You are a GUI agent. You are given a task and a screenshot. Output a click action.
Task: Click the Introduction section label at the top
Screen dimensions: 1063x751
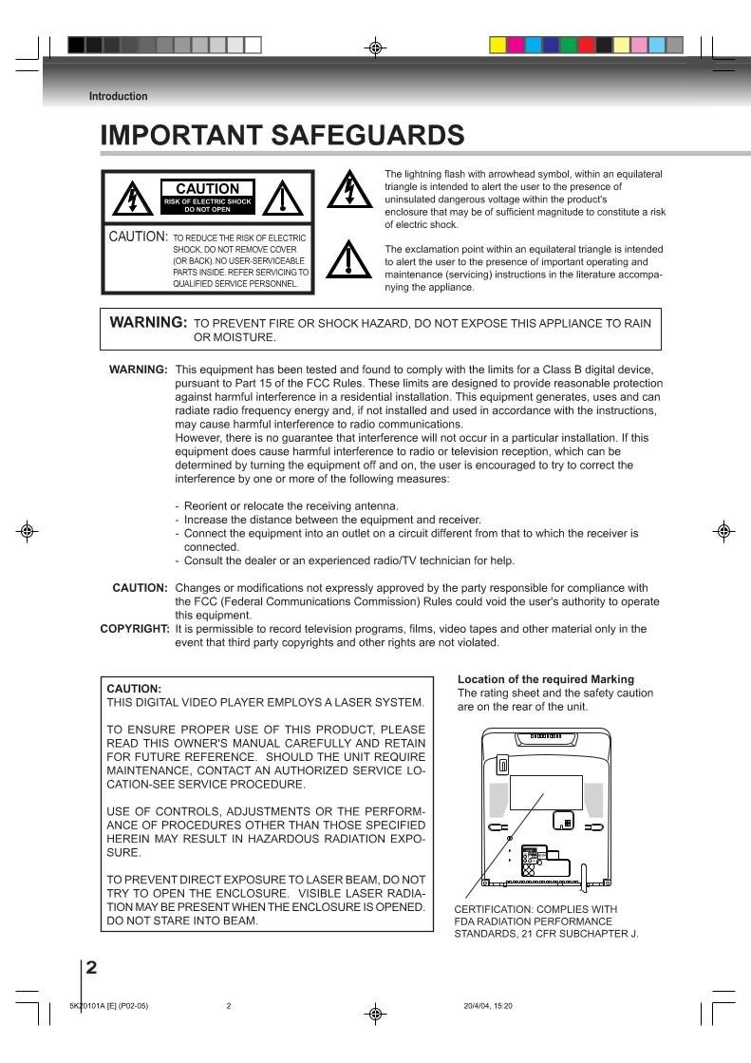[118, 96]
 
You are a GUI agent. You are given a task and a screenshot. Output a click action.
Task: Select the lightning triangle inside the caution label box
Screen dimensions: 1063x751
[129, 199]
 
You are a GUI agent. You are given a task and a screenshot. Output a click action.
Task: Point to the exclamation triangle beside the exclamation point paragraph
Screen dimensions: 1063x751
[345, 257]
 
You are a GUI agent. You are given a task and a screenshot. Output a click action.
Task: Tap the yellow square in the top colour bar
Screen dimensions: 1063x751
[498, 44]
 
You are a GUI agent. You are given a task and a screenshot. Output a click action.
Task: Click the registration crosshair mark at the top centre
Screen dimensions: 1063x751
[376, 45]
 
